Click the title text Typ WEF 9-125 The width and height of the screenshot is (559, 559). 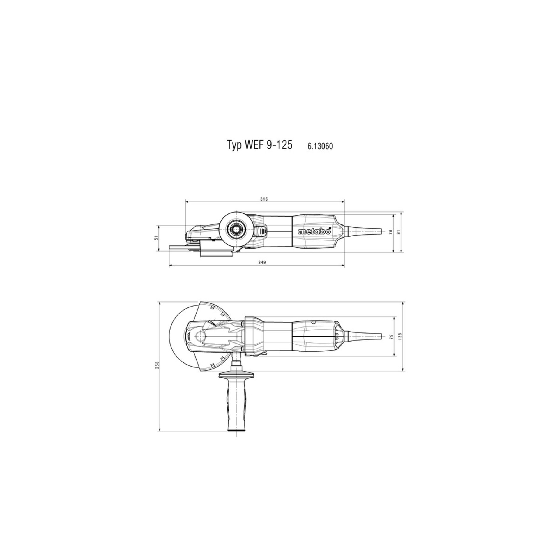[x=259, y=145]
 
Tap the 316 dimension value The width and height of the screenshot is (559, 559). [x=264, y=199]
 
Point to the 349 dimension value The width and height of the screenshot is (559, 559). [x=262, y=262]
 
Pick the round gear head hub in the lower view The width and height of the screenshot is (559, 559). [x=199, y=336]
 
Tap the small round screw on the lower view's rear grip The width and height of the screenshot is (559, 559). [x=313, y=322]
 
